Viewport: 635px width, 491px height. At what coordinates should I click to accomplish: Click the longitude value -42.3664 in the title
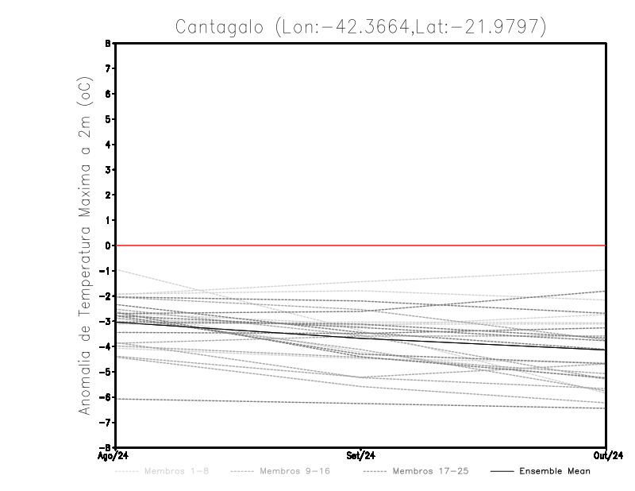(x=360, y=27)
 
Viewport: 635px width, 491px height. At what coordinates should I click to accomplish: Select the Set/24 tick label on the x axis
(x=361, y=455)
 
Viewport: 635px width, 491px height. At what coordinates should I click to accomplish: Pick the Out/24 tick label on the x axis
(x=605, y=455)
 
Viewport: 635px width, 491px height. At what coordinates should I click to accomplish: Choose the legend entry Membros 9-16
(x=291, y=472)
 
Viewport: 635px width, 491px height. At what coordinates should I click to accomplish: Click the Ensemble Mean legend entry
(x=555, y=472)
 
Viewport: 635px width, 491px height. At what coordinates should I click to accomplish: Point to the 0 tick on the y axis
(x=110, y=246)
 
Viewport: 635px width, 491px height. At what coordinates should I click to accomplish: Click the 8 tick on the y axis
(x=110, y=44)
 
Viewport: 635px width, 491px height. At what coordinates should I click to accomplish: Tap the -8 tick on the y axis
(x=108, y=447)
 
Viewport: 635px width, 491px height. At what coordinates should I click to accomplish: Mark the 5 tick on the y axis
(x=110, y=119)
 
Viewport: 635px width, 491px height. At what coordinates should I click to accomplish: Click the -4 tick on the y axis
(x=108, y=346)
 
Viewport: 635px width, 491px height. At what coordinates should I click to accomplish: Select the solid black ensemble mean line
(x=361, y=338)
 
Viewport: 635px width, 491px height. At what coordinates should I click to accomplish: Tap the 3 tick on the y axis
(x=110, y=170)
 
